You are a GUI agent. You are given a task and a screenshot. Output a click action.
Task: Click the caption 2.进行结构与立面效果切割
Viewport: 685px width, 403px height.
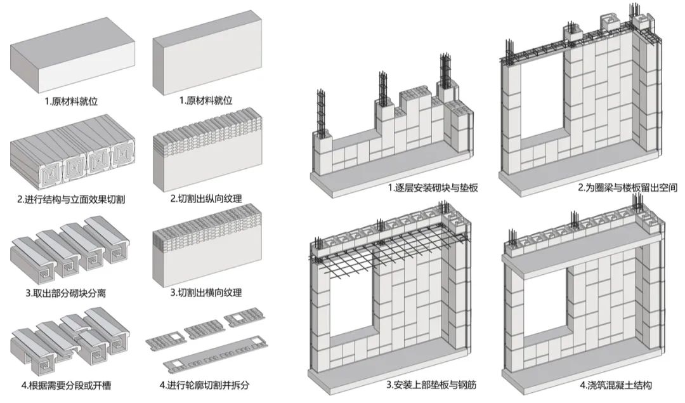pyautogui.click(x=71, y=199)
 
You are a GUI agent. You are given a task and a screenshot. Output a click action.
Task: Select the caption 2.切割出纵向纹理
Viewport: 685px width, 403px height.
pyautogui.click(x=207, y=199)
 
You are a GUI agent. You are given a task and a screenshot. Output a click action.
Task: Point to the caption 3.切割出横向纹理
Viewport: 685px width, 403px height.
pyautogui.click(x=207, y=293)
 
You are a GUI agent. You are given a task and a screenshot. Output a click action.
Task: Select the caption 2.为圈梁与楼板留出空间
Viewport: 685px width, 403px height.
pyautogui.click(x=627, y=188)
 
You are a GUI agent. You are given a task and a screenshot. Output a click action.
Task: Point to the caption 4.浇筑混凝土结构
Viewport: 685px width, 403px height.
pyautogui.click(x=615, y=385)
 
